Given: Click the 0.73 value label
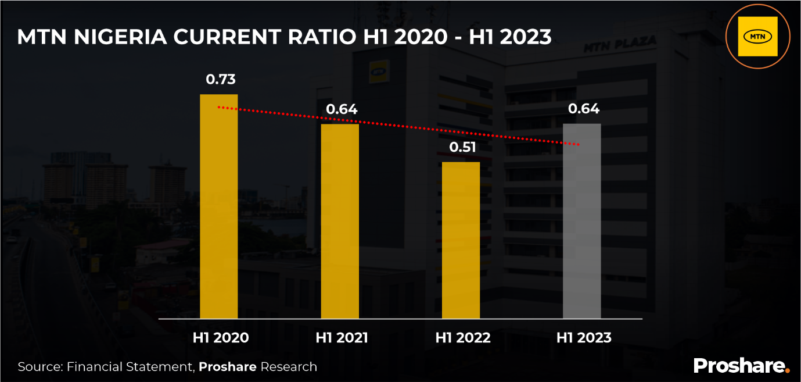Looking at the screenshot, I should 221,80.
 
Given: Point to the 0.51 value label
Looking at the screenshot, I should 462,147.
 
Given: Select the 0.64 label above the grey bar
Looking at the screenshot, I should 584,109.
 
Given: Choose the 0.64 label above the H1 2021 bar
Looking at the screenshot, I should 342,109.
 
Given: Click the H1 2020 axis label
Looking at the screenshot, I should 221,338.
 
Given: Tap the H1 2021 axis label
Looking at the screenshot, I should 342,338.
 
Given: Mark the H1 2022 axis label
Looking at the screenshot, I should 463,338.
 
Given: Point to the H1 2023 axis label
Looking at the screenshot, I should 584,338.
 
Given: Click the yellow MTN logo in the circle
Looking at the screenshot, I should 757,37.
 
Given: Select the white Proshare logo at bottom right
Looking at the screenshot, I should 741,366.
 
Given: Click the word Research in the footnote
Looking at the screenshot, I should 289,367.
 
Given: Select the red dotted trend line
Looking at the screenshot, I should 401,126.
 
